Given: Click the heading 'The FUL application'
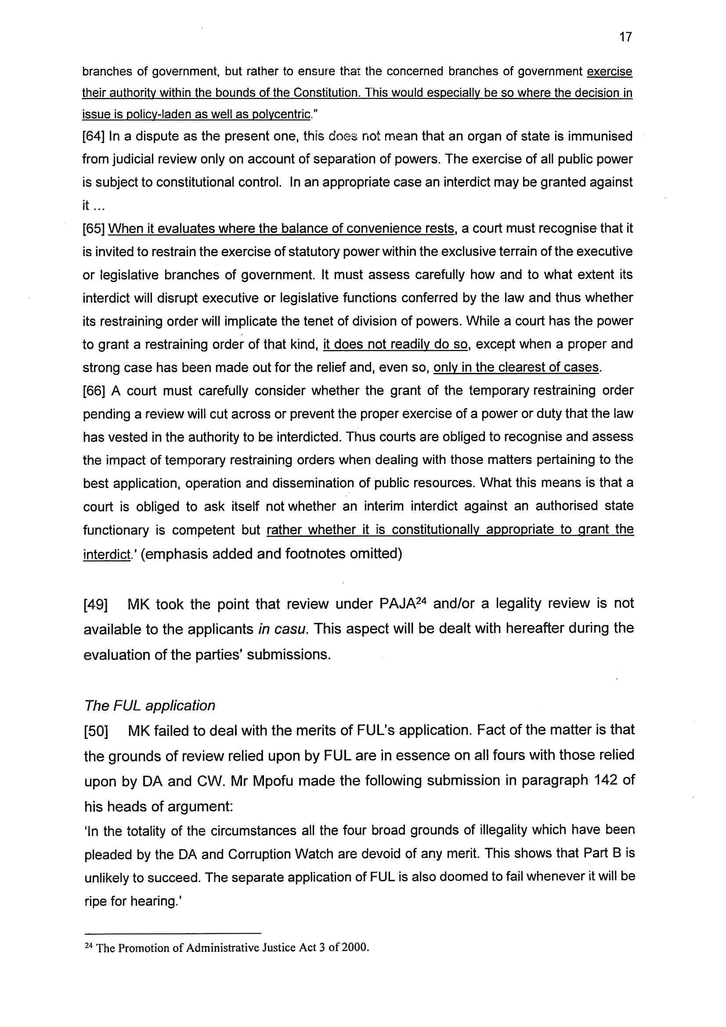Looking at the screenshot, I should coord(149,706).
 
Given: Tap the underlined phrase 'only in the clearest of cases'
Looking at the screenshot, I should coord(516,368).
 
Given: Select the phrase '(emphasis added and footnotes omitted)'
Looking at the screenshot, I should coord(274,554).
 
